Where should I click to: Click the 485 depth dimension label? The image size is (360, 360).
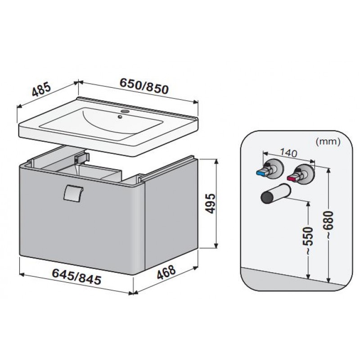coord(41,89)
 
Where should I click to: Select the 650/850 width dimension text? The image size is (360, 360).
coord(144,86)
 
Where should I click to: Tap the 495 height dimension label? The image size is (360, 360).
coord(210,203)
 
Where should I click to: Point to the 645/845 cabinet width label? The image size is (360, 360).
coord(76,276)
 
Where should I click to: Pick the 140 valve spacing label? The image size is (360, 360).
coord(288,153)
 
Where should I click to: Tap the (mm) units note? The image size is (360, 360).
coord(328,142)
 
